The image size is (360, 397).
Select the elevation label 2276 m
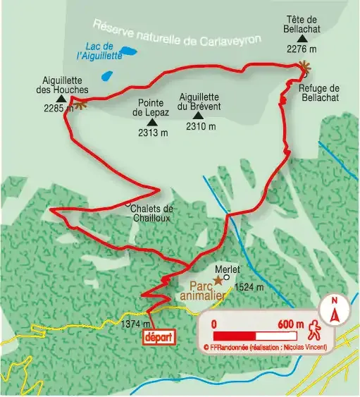click(x=302, y=49)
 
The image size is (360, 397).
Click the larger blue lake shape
click(x=129, y=51)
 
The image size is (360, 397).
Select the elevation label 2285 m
click(x=56, y=109)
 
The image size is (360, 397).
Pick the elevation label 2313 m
click(x=154, y=133)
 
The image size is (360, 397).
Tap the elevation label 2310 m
click(x=201, y=127)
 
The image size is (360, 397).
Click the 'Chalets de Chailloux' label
click(x=151, y=213)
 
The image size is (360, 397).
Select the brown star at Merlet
click(x=218, y=281)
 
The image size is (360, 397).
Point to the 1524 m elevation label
click(x=249, y=287)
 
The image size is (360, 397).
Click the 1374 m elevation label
click(x=135, y=324)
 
